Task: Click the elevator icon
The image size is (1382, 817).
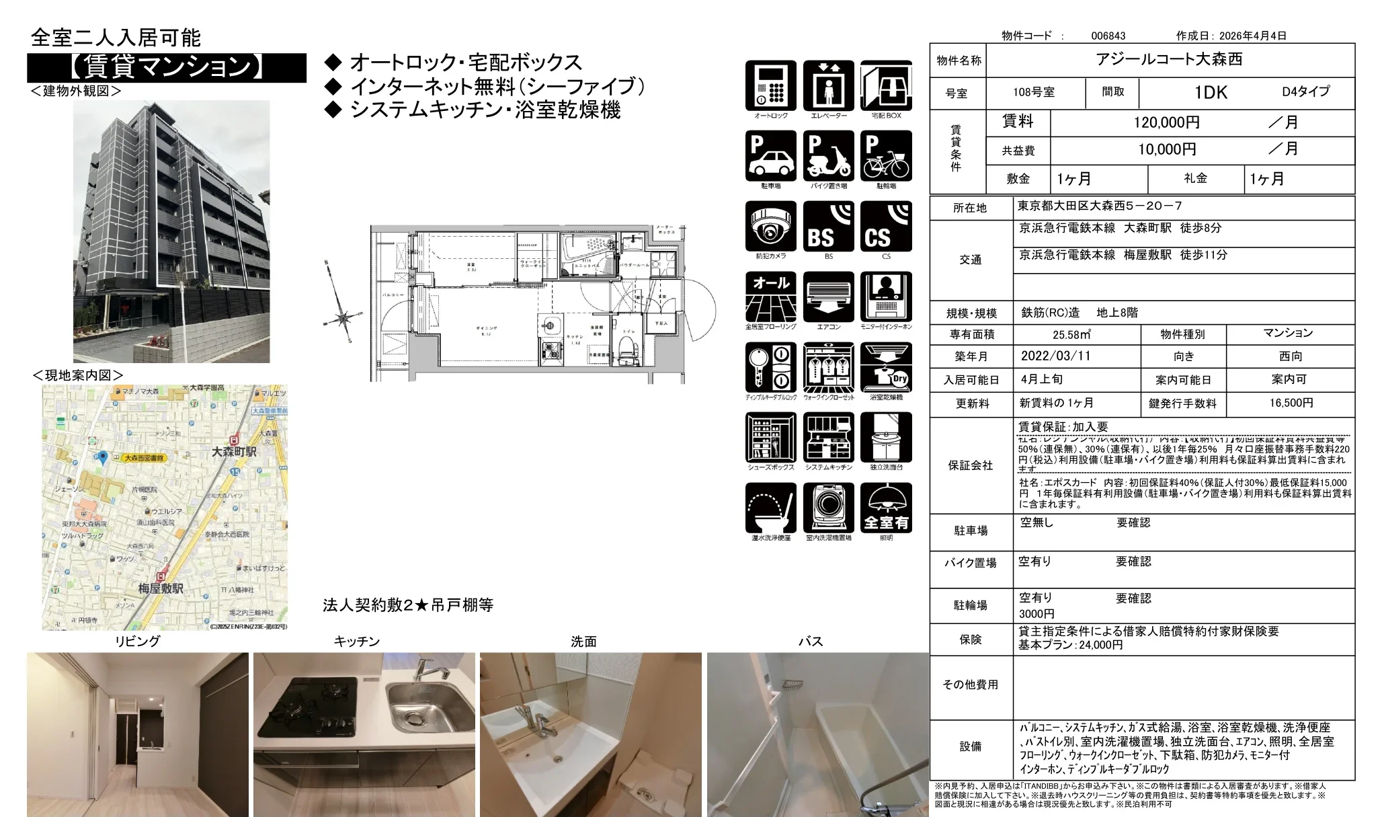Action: tap(828, 86)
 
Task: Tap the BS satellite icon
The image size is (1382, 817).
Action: tap(828, 227)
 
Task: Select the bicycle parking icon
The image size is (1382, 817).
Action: tap(886, 156)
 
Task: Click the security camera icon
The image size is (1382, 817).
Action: tap(770, 227)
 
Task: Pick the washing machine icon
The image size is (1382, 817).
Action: tap(828, 508)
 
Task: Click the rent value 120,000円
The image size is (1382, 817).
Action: tap(1166, 122)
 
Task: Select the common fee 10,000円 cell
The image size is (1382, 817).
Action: tap(1166, 149)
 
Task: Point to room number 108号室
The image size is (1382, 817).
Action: tap(1034, 92)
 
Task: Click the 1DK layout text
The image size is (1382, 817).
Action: tap(1211, 92)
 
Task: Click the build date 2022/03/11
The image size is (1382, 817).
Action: tap(1055, 356)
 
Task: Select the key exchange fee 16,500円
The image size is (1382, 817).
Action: tap(1291, 403)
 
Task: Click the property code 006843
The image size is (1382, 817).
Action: tap(1108, 36)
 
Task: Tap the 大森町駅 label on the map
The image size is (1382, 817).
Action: tap(234, 451)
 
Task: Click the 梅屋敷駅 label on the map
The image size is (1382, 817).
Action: tap(161, 588)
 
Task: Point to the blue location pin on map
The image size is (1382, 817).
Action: tap(103, 457)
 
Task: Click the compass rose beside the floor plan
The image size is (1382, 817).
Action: tap(342, 316)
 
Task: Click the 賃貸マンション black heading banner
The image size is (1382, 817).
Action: tap(166, 67)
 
